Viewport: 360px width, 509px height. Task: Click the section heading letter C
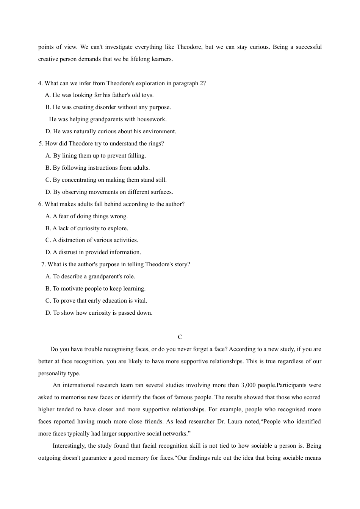click(x=180, y=337)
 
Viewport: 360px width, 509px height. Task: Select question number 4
click(x=40, y=83)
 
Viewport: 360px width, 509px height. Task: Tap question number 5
click(x=41, y=144)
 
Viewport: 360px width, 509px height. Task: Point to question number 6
click(x=40, y=204)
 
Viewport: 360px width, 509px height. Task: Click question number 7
click(x=43, y=264)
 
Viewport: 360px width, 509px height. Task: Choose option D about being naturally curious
click(x=111, y=131)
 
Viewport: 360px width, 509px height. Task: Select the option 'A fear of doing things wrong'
click(x=86, y=216)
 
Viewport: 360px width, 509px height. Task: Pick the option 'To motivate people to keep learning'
click(x=95, y=289)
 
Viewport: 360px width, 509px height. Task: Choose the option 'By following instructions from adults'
click(x=97, y=168)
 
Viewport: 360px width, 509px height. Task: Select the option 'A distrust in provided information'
click(x=93, y=252)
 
